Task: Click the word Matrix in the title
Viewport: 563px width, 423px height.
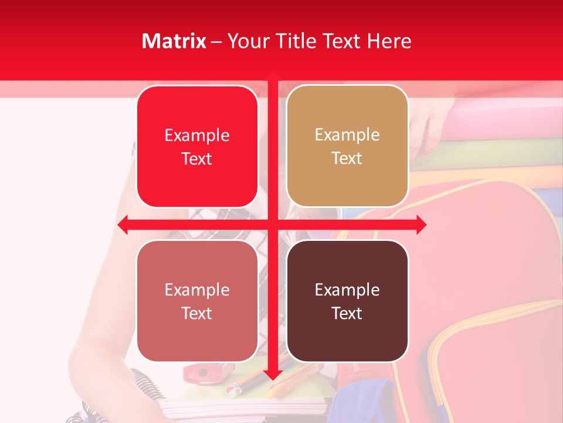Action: [x=174, y=41]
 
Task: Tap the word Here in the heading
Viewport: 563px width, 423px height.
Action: [x=389, y=41]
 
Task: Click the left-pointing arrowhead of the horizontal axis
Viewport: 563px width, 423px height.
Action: [x=124, y=224]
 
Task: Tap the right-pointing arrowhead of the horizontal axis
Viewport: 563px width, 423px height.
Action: [x=420, y=224]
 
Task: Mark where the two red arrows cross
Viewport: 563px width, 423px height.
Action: [x=273, y=224]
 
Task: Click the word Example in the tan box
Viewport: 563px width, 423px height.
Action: [x=347, y=135]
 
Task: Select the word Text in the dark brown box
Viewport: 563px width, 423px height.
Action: [x=347, y=313]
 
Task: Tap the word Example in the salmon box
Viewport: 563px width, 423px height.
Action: [x=197, y=290]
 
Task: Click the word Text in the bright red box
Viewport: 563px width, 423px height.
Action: [x=197, y=159]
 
